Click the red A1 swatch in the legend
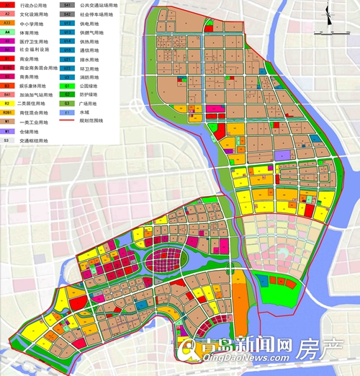[x=6, y=5]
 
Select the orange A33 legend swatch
[x=6, y=23]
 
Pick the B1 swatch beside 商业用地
[x=6, y=59]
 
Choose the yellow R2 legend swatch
[x=6, y=104]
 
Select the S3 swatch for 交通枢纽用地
[x=6, y=140]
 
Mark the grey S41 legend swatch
[x=66, y=5]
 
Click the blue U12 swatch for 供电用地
[x=66, y=23]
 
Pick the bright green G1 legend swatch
[x=66, y=86]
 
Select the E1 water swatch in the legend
[x=66, y=113]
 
